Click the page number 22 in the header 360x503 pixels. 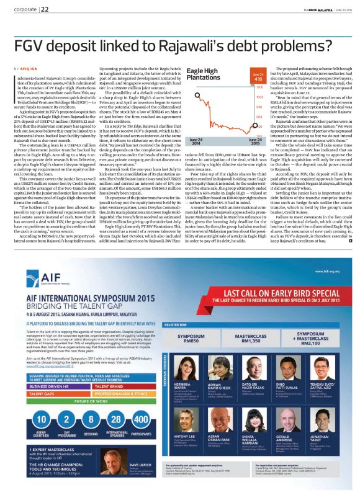(x=45, y=9)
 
